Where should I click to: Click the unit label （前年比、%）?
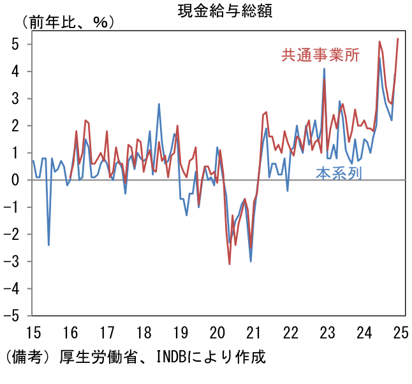[68, 22]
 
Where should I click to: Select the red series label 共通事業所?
[321, 55]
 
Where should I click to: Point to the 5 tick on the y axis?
[13, 45]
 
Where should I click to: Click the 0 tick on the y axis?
[13, 181]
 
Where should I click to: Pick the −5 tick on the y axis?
[11, 316]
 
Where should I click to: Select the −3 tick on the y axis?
[11, 262]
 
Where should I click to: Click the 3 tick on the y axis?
[13, 99]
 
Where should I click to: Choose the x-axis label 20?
[217, 332]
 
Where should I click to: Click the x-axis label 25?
[401, 332]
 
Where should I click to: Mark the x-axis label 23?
[327, 332]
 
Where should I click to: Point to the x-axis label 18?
[143, 332]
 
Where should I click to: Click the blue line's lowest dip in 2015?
[48, 245]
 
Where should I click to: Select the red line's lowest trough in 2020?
[230, 263]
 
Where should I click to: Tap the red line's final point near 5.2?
[398, 39]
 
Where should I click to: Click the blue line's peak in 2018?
[159, 104]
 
